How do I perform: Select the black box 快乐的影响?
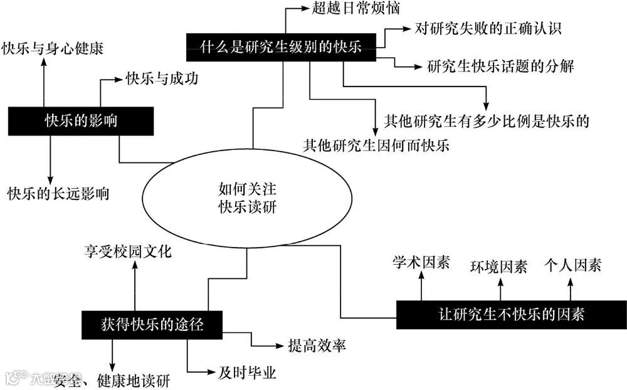point(81,120)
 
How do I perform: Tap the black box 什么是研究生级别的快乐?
point(280,48)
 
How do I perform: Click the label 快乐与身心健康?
point(53,48)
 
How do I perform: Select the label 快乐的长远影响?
point(58,193)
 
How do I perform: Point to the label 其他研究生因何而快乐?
point(376,146)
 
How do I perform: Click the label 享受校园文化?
point(128,253)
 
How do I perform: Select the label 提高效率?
point(317,345)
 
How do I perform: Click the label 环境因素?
point(499,266)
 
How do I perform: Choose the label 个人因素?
point(573,265)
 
